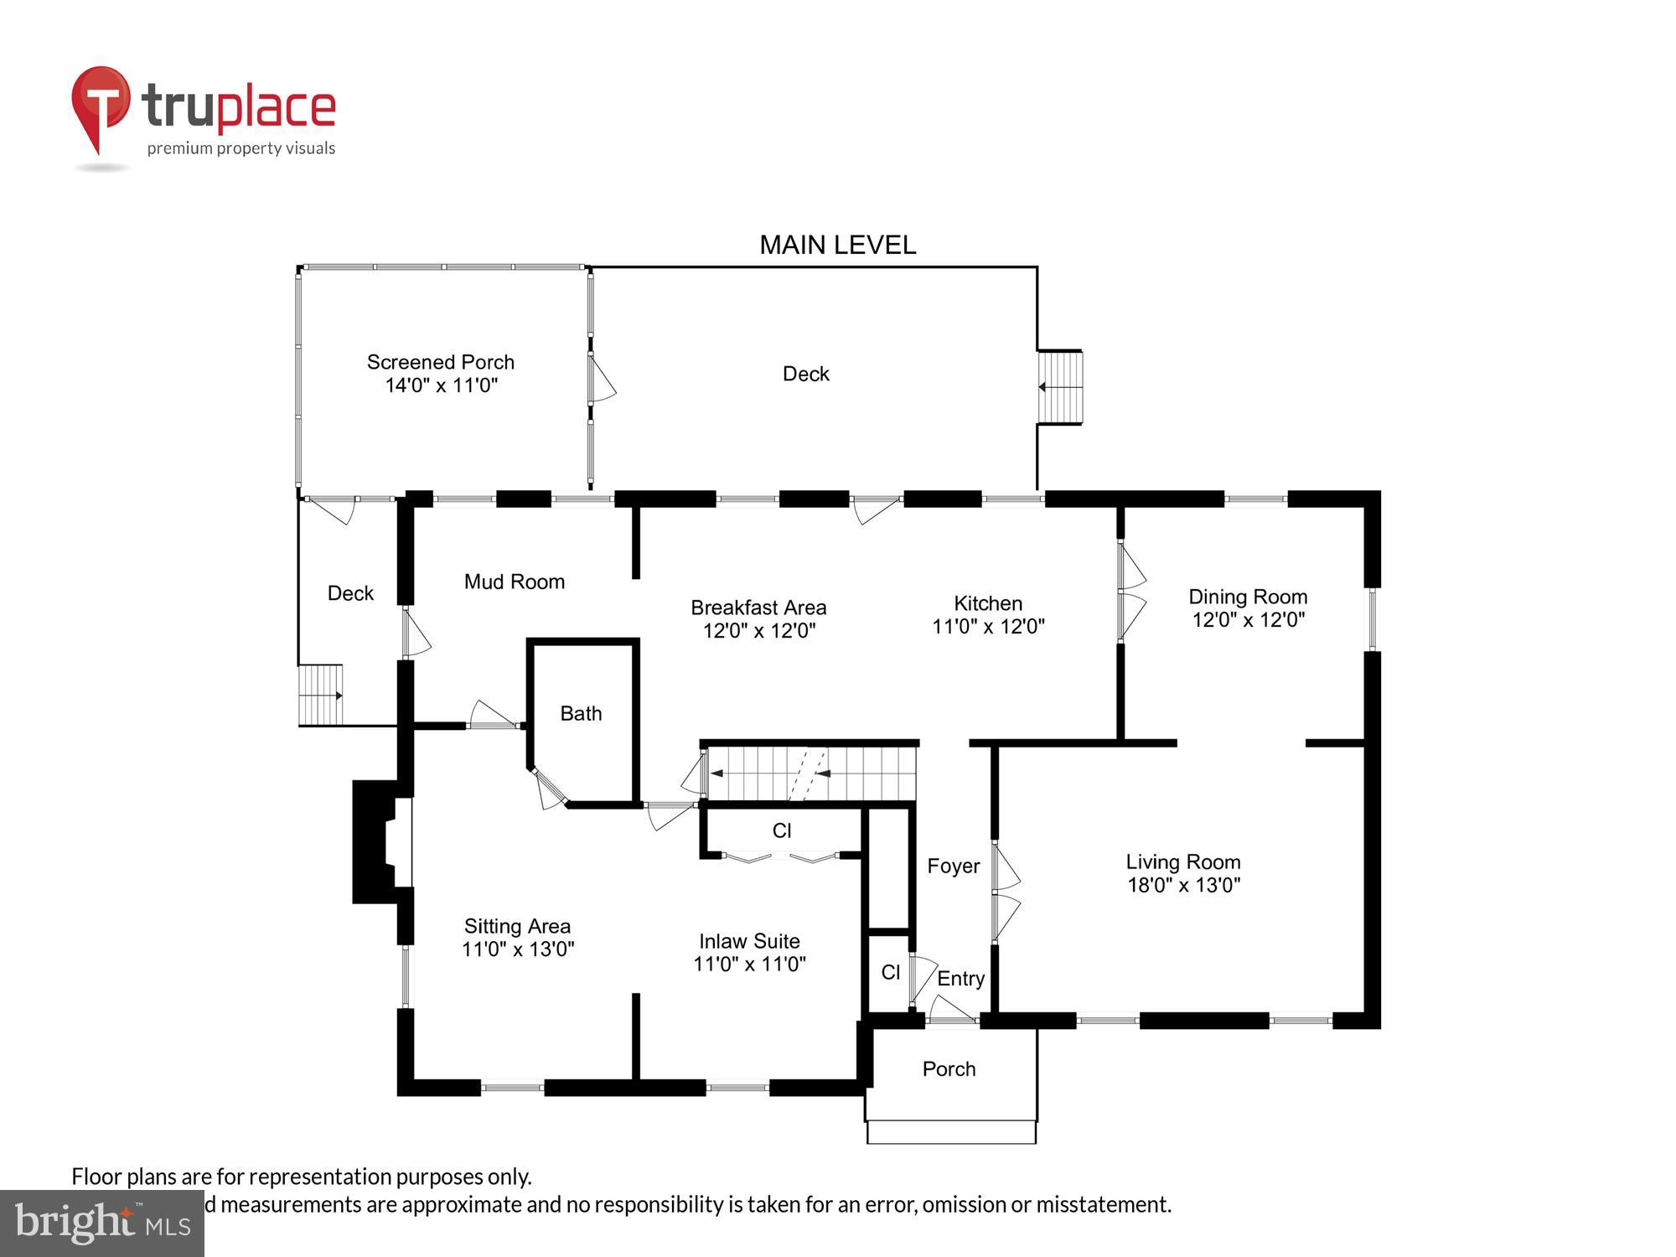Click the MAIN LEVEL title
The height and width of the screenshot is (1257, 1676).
click(x=837, y=245)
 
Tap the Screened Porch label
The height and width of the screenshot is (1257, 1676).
click(x=440, y=362)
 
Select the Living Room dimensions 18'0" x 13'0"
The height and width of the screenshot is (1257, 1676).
click(x=1183, y=885)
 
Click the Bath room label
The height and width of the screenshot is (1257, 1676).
click(x=581, y=713)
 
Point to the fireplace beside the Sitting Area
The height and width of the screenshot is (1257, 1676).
click(x=378, y=841)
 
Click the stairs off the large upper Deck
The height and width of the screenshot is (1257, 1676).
click(x=1060, y=387)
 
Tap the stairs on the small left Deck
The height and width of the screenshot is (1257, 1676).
click(x=320, y=695)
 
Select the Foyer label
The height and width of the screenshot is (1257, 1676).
click(x=953, y=866)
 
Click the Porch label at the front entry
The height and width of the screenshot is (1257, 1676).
click(x=949, y=1068)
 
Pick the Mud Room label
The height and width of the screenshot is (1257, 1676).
click(x=514, y=582)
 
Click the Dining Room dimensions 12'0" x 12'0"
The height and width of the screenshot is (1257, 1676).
click(x=1248, y=620)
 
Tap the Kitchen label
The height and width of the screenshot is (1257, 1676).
click(x=987, y=603)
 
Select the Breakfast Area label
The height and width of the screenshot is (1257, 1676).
click(x=758, y=608)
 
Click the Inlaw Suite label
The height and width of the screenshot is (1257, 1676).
click(x=749, y=941)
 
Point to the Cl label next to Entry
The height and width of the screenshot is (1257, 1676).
click(x=890, y=972)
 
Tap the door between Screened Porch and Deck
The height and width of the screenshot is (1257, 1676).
click(x=600, y=379)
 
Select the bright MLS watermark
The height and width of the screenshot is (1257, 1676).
click(x=102, y=1223)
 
